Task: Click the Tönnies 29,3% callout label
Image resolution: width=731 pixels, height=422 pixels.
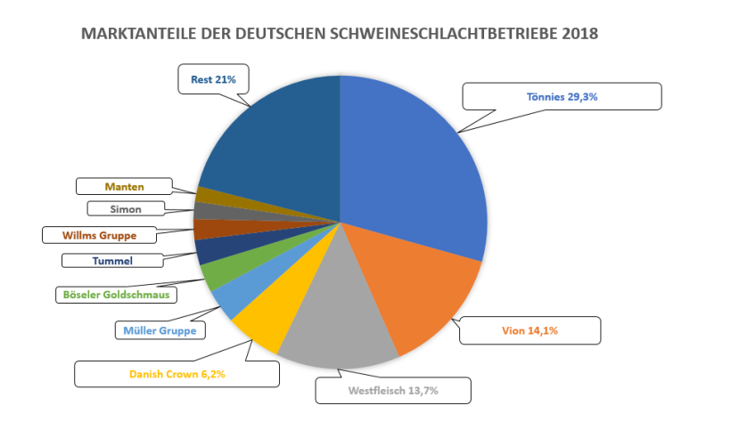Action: tap(562, 96)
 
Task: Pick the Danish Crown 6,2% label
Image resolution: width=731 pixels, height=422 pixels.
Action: tap(177, 374)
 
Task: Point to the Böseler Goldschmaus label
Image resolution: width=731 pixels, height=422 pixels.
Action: tap(115, 294)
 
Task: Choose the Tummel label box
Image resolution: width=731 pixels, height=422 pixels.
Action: tap(112, 261)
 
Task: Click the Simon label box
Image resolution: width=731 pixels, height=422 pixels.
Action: tap(126, 209)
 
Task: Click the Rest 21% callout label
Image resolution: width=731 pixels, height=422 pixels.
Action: tap(213, 79)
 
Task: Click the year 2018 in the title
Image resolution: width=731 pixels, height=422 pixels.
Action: tap(579, 34)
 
